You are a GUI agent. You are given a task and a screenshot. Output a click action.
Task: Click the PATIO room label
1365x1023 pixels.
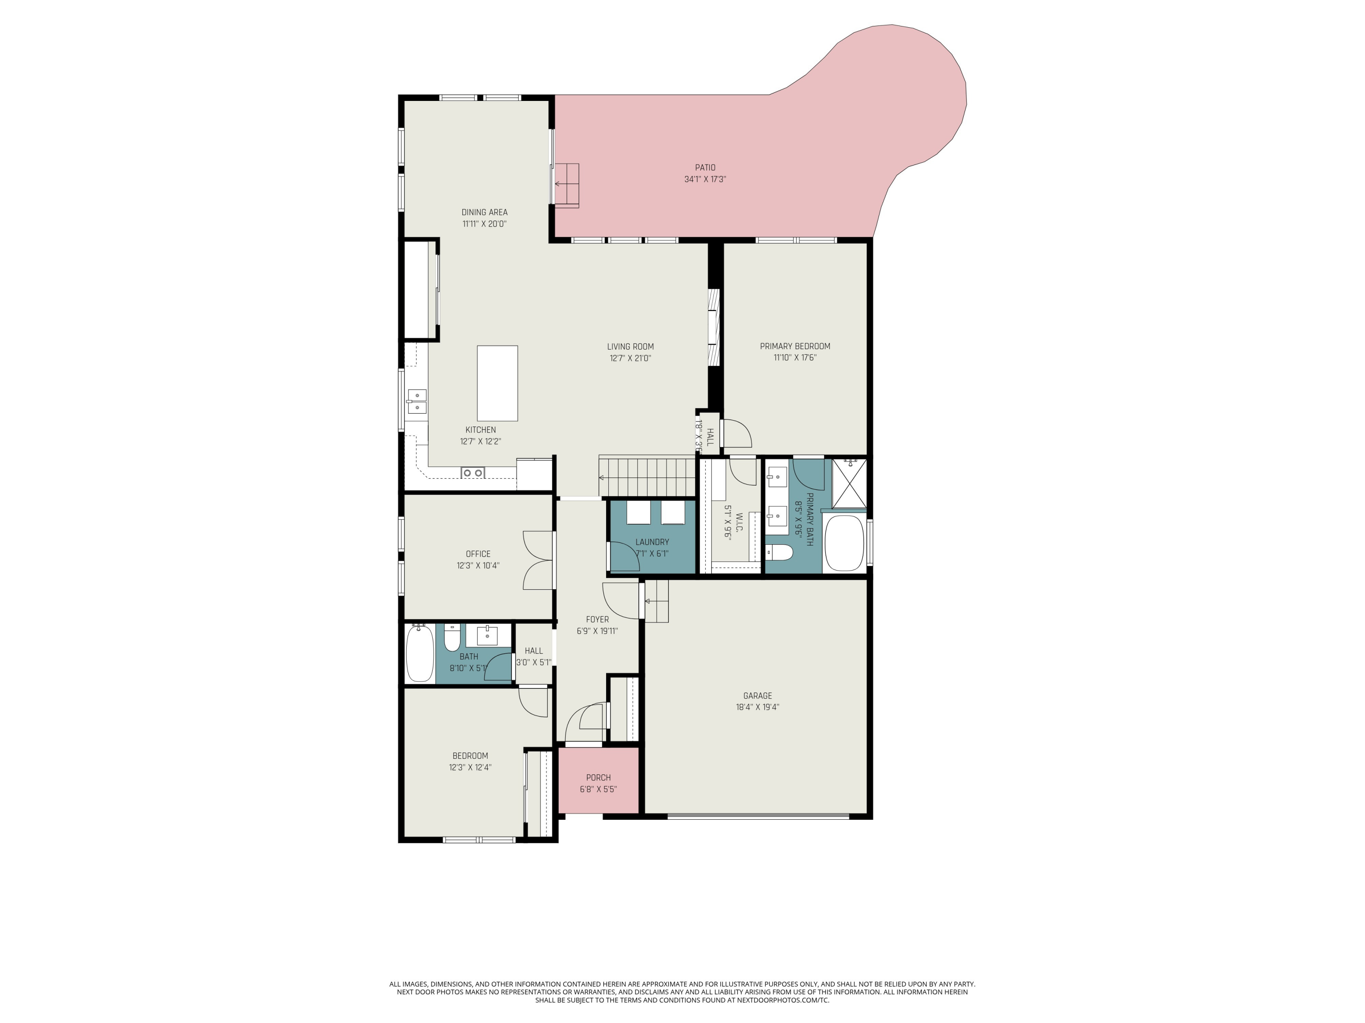(x=705, y=168)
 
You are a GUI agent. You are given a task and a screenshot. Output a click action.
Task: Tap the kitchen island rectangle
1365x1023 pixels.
(x=497, y=383)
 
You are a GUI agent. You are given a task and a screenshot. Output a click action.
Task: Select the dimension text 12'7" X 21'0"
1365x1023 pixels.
(x=630, y=358)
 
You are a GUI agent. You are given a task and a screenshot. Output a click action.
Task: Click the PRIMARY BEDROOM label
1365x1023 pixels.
(x=795, y=346)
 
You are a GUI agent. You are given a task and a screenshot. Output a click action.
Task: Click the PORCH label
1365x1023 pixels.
(x=598, y=777)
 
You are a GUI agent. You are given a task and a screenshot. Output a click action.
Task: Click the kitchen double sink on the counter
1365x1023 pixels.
(x=416, y=401)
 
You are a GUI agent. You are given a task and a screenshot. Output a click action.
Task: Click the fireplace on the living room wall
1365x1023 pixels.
(x=714, y=327)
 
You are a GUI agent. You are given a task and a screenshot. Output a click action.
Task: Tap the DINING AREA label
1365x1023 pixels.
(x=485, y=212)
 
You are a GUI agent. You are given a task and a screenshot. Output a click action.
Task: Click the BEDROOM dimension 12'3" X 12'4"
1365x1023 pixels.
(x=470, y=767)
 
